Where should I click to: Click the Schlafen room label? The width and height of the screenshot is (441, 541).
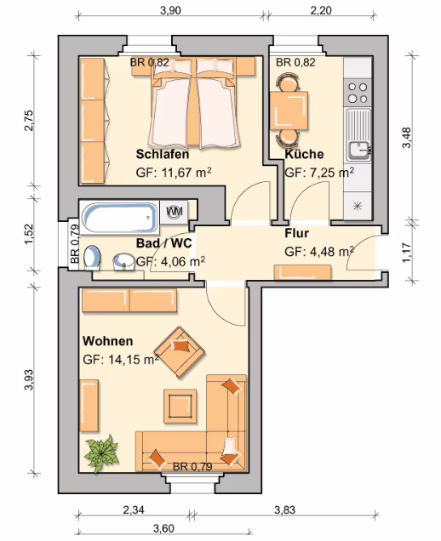(163, 154)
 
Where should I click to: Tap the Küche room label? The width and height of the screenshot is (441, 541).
(304, 154)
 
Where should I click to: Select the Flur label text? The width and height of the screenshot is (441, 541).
(296, 233)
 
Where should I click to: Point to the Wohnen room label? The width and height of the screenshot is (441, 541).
(108, 341)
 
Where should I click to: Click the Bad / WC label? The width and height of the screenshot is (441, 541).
(164, 243)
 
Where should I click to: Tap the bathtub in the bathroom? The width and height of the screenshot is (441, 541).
(120, 218)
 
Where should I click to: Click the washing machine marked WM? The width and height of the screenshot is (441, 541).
(175, 212)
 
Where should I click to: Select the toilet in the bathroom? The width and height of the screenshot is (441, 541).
(92, 257)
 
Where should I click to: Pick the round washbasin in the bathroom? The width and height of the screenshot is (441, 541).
(123, 261)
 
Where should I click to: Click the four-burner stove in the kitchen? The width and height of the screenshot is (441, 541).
(358, 93)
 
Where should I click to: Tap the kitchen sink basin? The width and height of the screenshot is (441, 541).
(358, 151)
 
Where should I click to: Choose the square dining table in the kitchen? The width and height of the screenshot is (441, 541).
(289, 110)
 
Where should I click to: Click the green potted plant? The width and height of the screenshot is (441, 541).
(102, 453)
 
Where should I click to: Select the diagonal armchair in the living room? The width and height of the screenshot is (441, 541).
(180, 352)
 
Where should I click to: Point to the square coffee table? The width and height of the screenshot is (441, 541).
(180, 406)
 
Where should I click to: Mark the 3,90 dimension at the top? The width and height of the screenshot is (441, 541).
(170, 10)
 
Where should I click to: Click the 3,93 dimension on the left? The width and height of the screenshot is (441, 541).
(29, 379)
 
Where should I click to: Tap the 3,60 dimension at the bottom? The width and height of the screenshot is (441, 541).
(163, 528)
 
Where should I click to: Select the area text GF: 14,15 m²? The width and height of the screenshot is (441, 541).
(121, 360)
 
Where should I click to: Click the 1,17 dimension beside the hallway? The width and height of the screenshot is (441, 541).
(407, 253)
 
